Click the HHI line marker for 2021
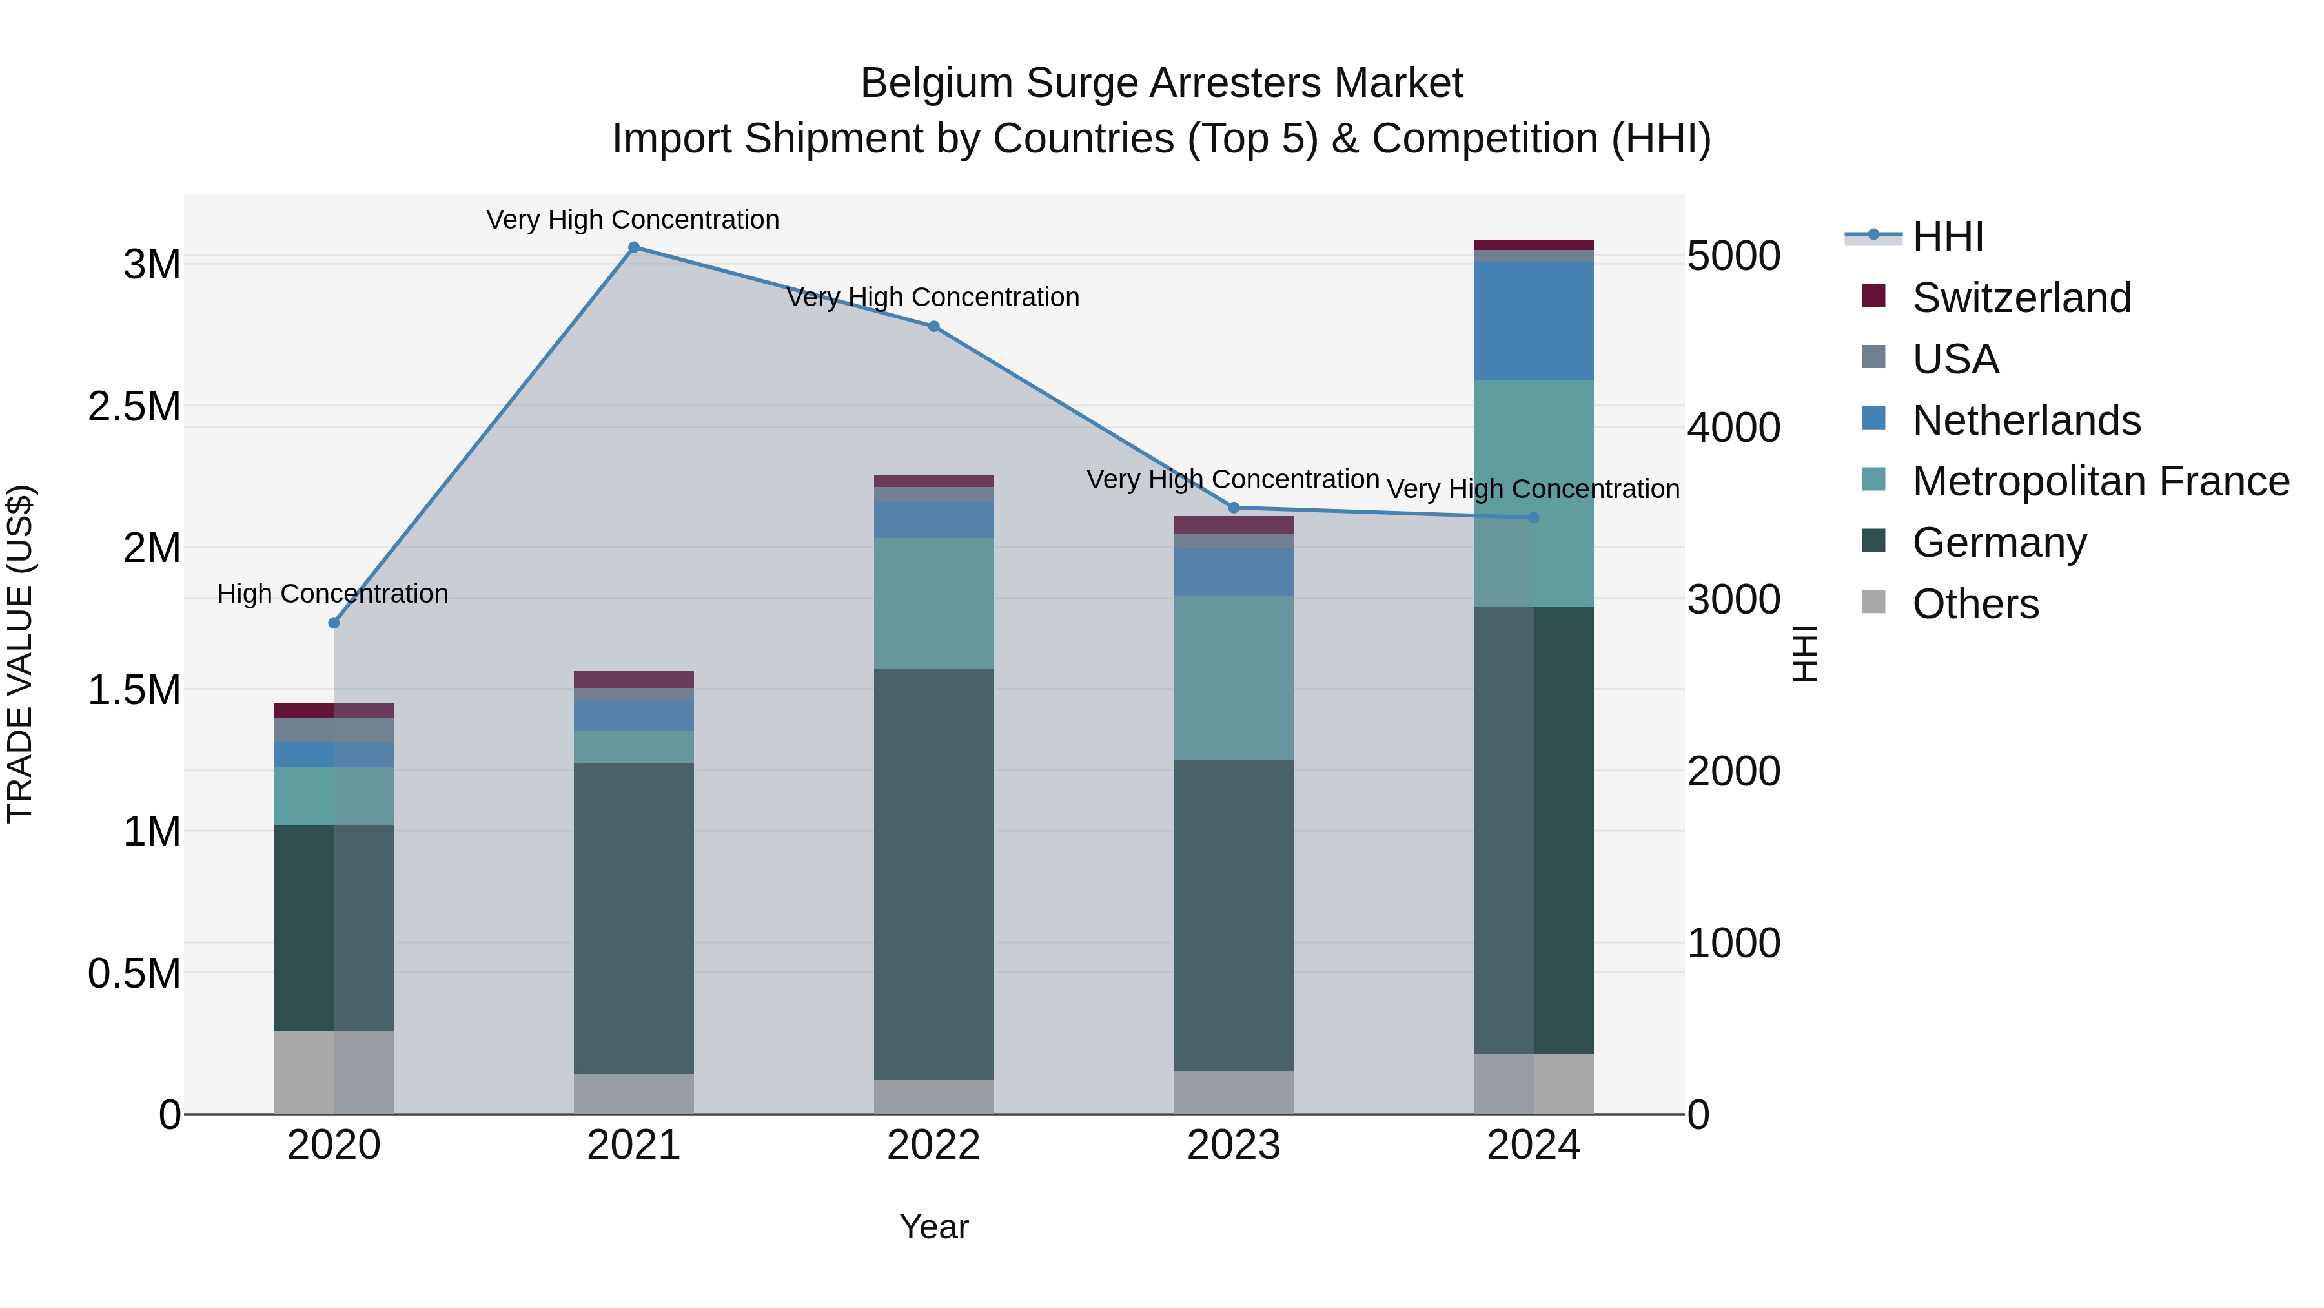click(x=633, y=247)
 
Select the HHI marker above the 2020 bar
click(x=334, y=623)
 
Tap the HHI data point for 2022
click(x=933, y=327)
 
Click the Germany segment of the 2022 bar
click(x=933, y=874)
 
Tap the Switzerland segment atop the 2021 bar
click(x=633, y=680)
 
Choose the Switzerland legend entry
click(x=2021, y=298)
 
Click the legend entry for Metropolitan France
click(x=2100, y=481)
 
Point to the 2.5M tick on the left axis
click(x=134, y=407)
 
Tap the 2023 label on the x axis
click(x=1233, y=1145)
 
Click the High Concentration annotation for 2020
click(x=333, y=594)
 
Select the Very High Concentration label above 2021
click(x=633, y=220)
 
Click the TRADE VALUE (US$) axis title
click(x=20, y=654)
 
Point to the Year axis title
click(x=933, y=1227)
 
